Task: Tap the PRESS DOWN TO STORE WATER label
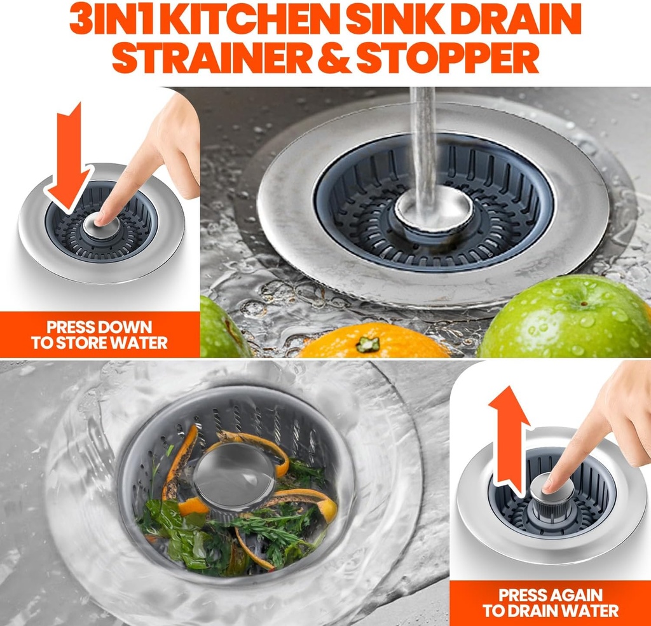point(99,336)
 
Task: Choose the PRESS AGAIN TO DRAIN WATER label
point(550,603)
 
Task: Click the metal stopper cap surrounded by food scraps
point(233,473)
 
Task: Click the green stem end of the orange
point(367,344)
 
